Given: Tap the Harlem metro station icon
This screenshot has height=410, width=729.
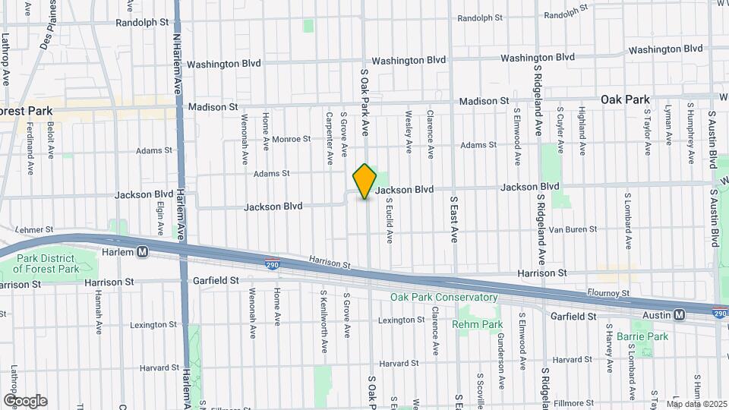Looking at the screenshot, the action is click(x=142, y=252).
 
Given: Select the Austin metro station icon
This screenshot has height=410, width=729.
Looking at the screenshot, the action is click(x=678, y=314).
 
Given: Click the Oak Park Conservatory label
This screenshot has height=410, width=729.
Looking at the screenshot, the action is click(x=444, y=297).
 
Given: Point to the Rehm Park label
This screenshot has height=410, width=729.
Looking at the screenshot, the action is click(x=478, y=324).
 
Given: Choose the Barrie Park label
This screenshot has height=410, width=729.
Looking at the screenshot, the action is click(x=642, y=336).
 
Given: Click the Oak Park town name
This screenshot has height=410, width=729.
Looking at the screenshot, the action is click(x=625, y=99).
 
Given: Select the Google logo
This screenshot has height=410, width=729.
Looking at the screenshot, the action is click(x=25, y=401).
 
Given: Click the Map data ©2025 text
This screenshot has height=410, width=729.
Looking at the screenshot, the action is click(x=696, y=404).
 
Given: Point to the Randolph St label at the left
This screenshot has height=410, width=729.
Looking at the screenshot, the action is click(x=142, y=23).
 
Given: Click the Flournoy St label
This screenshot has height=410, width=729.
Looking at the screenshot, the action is click(x=608, y=292).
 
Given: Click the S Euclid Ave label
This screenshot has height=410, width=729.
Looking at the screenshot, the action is click(x=389, y=221).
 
